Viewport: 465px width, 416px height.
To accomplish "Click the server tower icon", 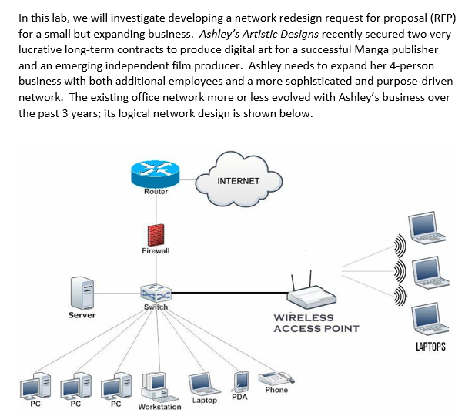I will tap(81, 294).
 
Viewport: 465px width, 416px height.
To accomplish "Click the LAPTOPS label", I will tap(430, 347).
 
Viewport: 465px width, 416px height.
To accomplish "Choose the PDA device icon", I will tap(241, 381).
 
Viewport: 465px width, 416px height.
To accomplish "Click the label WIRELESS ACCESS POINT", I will tap(316, 324).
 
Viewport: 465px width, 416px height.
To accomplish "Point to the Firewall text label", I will tap(156, 251).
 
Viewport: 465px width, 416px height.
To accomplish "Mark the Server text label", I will tap(82, 315).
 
